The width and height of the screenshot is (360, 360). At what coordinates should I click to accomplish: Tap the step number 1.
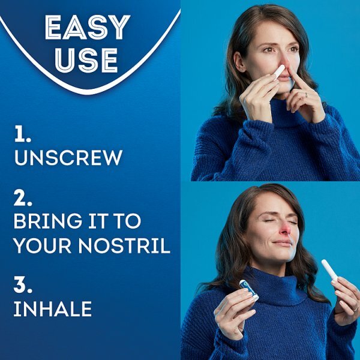23,136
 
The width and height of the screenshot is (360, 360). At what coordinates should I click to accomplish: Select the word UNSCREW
68,158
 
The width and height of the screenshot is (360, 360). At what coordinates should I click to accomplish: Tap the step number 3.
23,286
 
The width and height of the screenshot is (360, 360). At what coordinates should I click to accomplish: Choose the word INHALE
53,309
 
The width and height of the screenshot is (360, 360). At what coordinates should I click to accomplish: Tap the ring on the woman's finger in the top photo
306,94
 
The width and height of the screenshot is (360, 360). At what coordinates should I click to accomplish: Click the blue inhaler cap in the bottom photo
247,287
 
